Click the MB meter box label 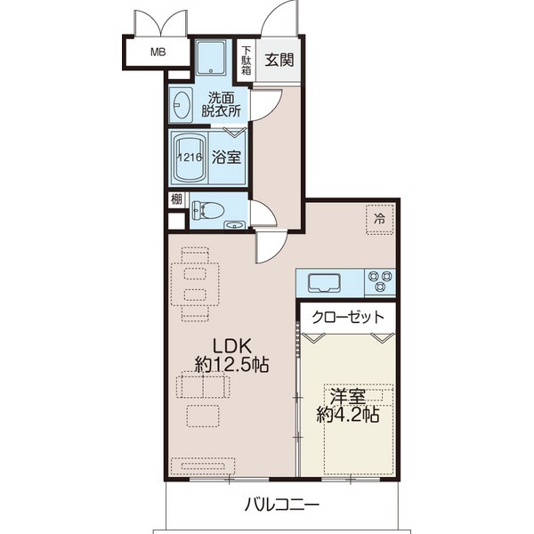pyautogui.click(x=158, y=52)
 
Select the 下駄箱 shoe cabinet pyautogui.click(x=247, y=60)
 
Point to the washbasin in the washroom pyautogui.click(x=182, y=106)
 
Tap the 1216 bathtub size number pyautogui.click(x=190, y=158)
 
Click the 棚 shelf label pyautogui.click(x=175, y=199)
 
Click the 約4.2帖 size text pyautogui.click(x=347, y=416)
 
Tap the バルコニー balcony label pyautogui.click(x=282, y=505)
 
